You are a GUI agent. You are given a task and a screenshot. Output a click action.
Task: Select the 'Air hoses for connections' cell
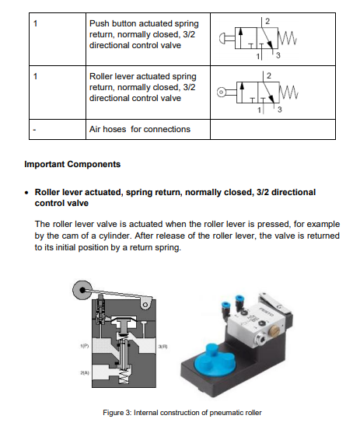[139, 128]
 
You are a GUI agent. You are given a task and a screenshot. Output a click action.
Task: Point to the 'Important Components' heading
[73, 164]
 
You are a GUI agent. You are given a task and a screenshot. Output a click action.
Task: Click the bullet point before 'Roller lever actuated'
[27, 191]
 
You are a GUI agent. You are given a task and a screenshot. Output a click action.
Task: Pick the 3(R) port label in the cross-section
[163, 344]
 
